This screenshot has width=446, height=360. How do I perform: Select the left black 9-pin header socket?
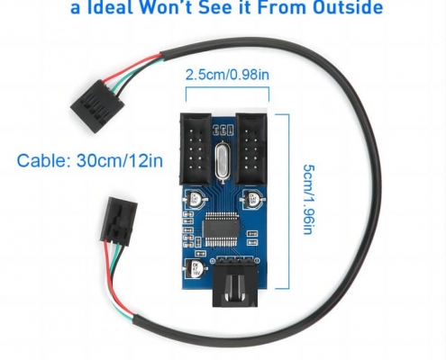(x=196, y=148)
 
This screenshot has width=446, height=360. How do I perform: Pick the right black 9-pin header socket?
(x=251, y=148)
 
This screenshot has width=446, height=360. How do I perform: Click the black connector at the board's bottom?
(x=235, y=285)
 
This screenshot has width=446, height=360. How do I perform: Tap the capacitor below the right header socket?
(x=253, y=199)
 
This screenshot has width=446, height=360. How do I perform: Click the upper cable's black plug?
(x=97, y=106)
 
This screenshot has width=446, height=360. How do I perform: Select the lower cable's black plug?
(x=118, y=221)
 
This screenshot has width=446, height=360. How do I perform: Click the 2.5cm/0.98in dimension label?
(x=227, y=75)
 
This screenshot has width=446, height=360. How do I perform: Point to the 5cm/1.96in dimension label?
(x=309, y=199)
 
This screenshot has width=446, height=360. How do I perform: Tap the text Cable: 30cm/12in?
(x=90, y=160)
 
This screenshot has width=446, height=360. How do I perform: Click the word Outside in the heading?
(x=348, y=7)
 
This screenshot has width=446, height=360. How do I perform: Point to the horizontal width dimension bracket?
(x=227, y=87)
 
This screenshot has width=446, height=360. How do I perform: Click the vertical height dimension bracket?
(x=289, y=201)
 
